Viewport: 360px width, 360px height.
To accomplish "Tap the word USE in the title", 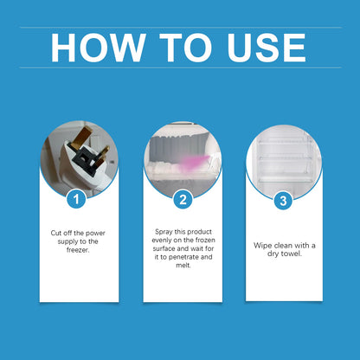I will [x=260, y=48].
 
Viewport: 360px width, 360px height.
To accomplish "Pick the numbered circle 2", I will [x=183, y=199].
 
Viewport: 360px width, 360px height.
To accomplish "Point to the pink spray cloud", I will [x=196, y=161].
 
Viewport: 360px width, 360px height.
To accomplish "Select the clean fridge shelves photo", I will [x=284, y=160].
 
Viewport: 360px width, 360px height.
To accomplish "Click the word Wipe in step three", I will [x=263, y=245].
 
